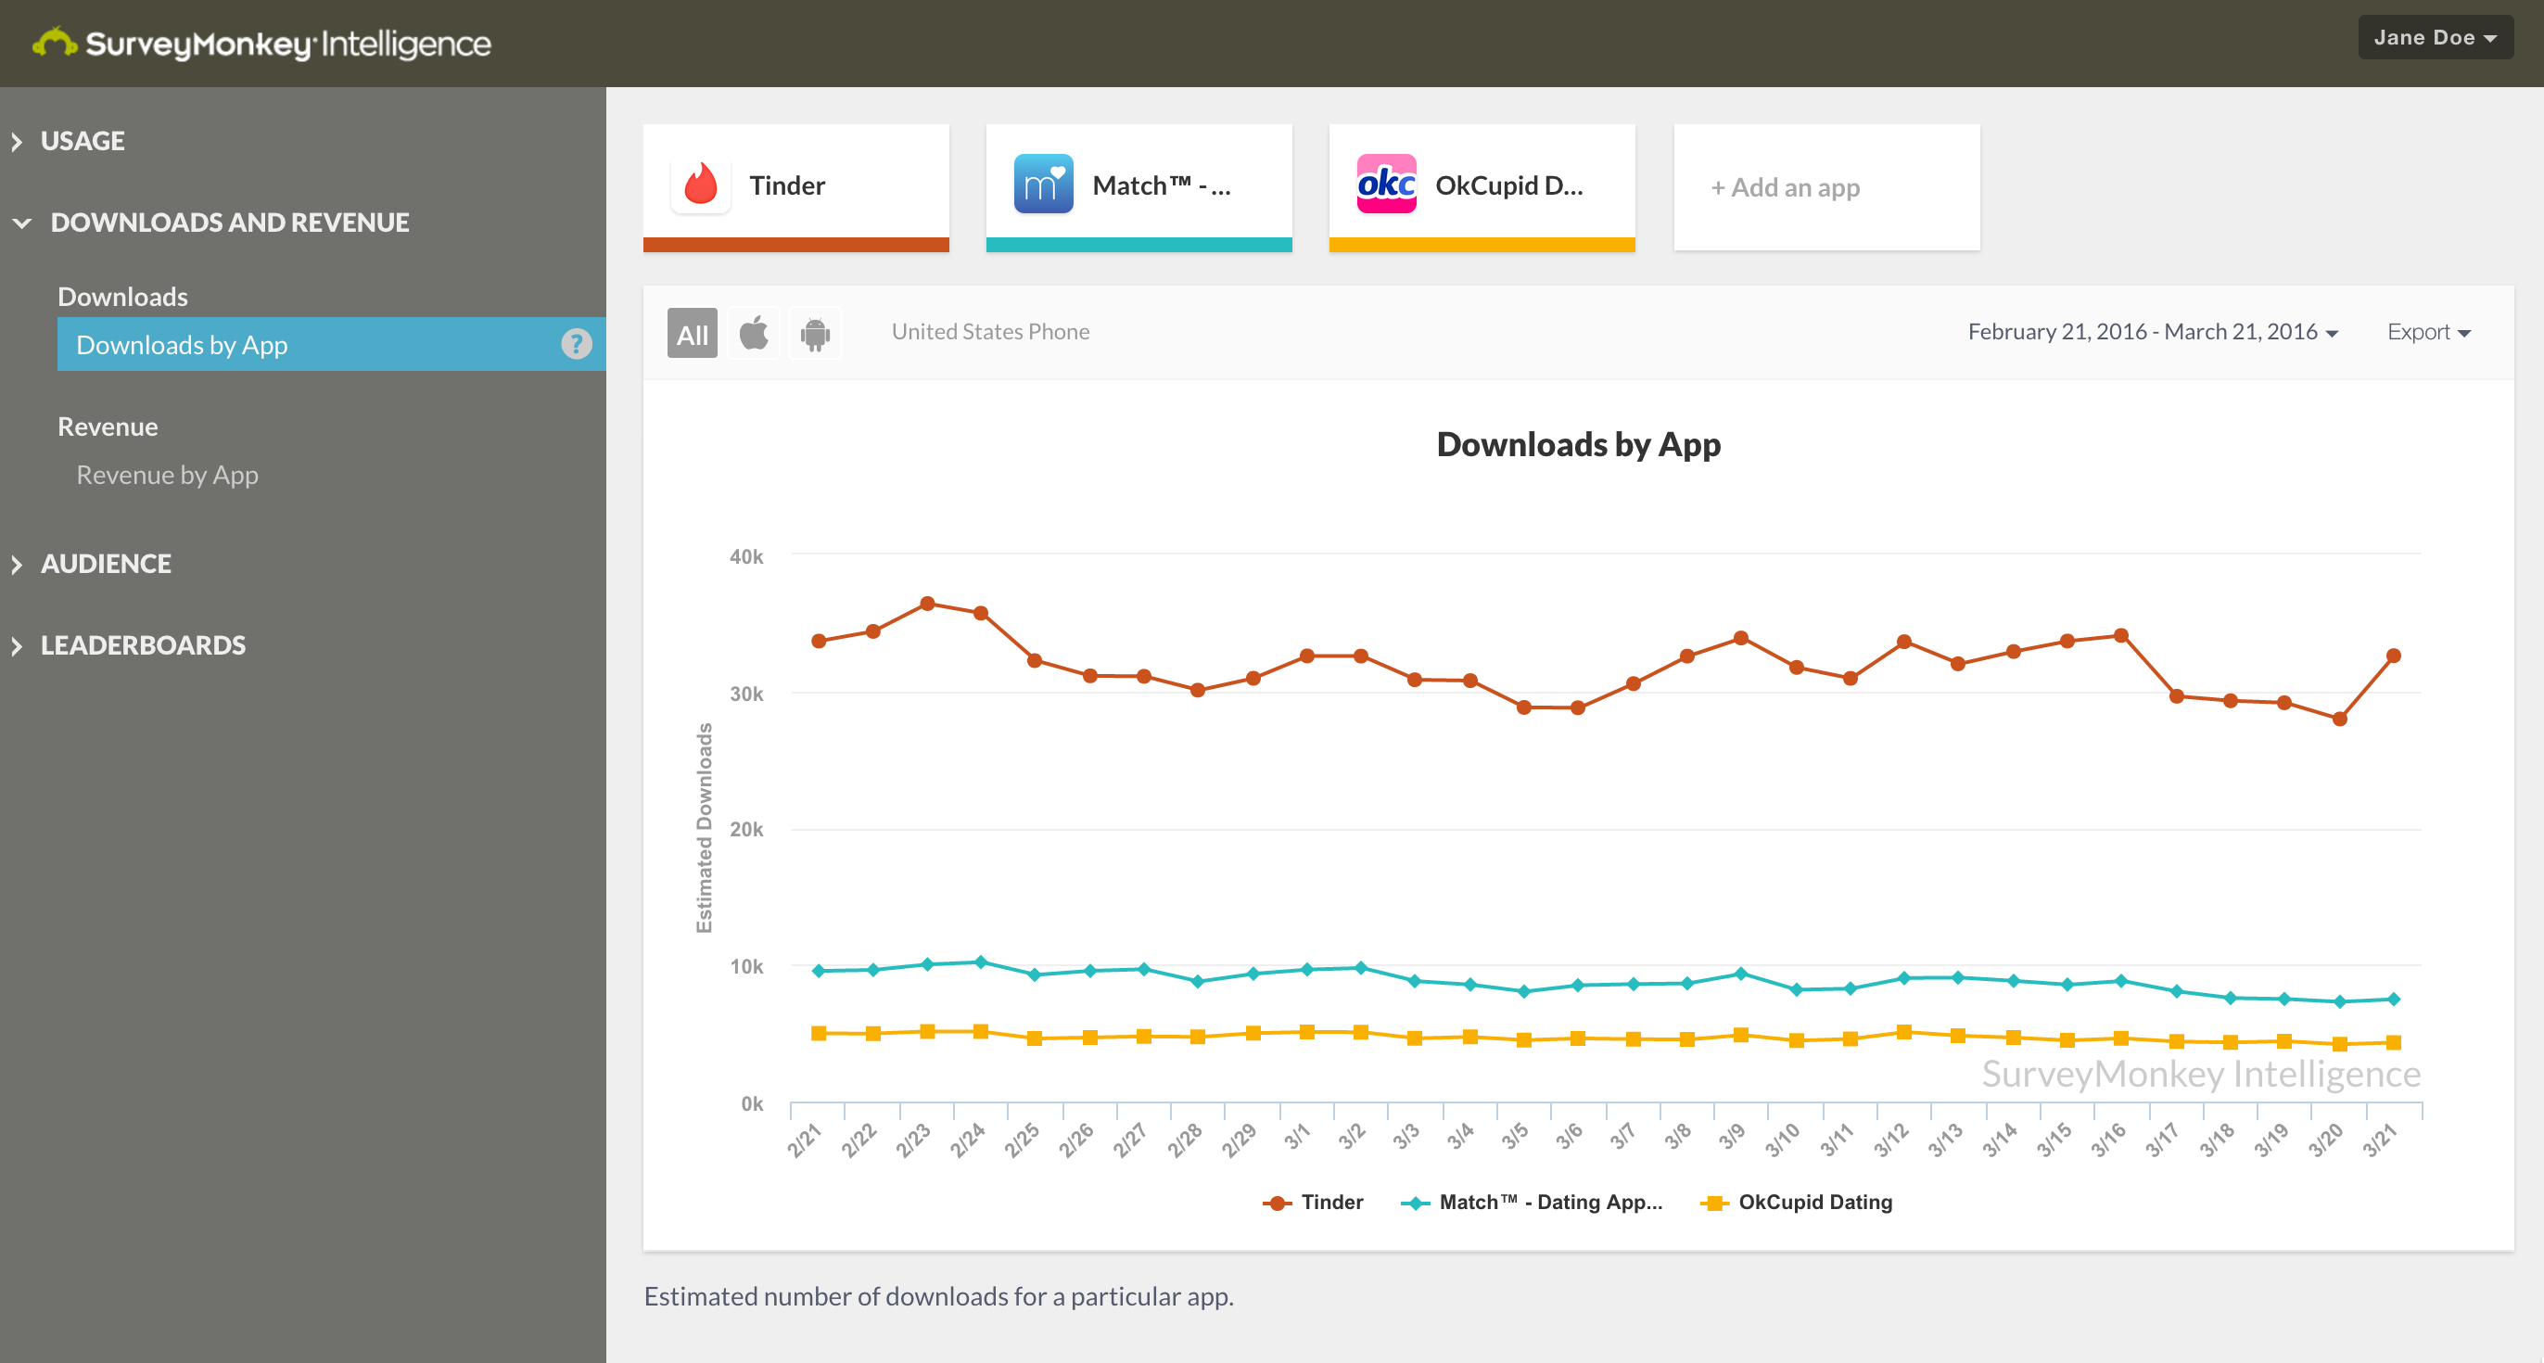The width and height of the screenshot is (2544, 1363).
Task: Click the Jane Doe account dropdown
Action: pos(2435,37)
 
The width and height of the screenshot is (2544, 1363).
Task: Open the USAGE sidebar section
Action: pos(82,141)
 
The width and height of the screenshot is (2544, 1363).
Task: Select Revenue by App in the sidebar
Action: pos(167,475)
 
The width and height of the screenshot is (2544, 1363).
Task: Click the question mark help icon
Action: pos(577,344)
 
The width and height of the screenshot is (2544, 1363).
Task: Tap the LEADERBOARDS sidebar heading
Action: pos(142,646)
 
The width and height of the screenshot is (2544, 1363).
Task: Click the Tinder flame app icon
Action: pos(701,185)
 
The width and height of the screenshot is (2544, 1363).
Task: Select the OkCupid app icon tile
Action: pos(1385,185)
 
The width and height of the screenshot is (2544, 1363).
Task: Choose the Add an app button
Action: pos(1786,187)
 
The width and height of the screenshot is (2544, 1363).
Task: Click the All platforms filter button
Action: pos(692,334)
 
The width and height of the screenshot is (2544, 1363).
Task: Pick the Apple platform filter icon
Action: pos(754,333)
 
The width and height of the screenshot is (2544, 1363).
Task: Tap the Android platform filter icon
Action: pos(815,334)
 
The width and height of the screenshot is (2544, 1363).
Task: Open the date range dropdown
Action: pos(2152,332)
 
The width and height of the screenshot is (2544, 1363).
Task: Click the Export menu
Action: pos(2428,332)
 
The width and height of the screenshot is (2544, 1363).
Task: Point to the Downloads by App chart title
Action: pos(1578,444)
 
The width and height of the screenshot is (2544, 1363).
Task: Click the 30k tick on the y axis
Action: pos(746,694)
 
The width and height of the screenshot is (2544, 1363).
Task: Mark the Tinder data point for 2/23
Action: pos(927,604)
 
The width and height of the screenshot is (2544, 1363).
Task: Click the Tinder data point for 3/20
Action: pos(2338,719)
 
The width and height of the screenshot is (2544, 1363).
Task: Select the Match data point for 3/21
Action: pos(2393,999)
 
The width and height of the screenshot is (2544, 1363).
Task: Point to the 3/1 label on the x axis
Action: pos(1297,1137)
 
